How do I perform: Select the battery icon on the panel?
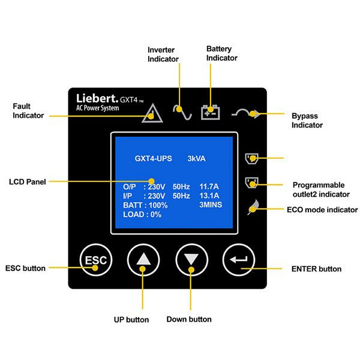click(211, 111)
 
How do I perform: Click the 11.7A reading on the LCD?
click(209, 187)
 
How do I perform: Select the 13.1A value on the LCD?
click(209, 196)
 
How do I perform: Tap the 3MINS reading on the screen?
click(211, 205)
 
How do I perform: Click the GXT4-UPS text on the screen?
click(153, 159)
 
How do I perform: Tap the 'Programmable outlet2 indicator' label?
click(321, 190)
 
